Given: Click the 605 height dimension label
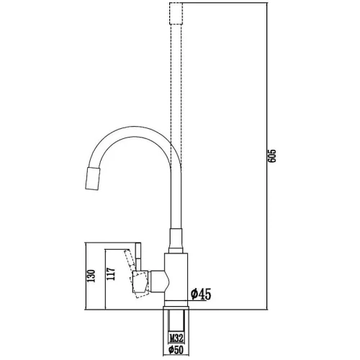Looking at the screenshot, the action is point(272,156).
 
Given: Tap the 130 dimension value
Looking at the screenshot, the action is point(91,276).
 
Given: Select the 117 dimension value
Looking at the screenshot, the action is point(111,274).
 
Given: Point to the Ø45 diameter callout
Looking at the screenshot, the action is point(201,294).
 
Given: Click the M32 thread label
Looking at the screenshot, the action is point(176,338).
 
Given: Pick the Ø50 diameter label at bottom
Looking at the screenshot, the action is point(176,350).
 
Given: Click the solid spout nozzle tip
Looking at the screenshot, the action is point(93,179).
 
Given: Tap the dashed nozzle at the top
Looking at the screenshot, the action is point(176,13).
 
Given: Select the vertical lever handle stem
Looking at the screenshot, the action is point(138,257).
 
